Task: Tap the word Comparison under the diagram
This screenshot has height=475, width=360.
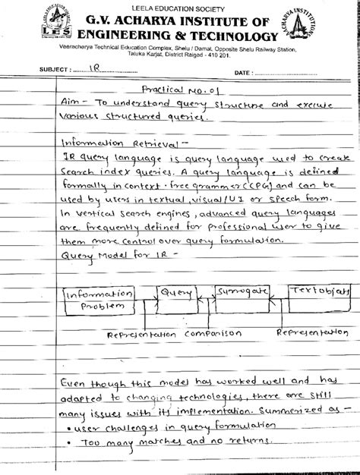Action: point(210,334)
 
